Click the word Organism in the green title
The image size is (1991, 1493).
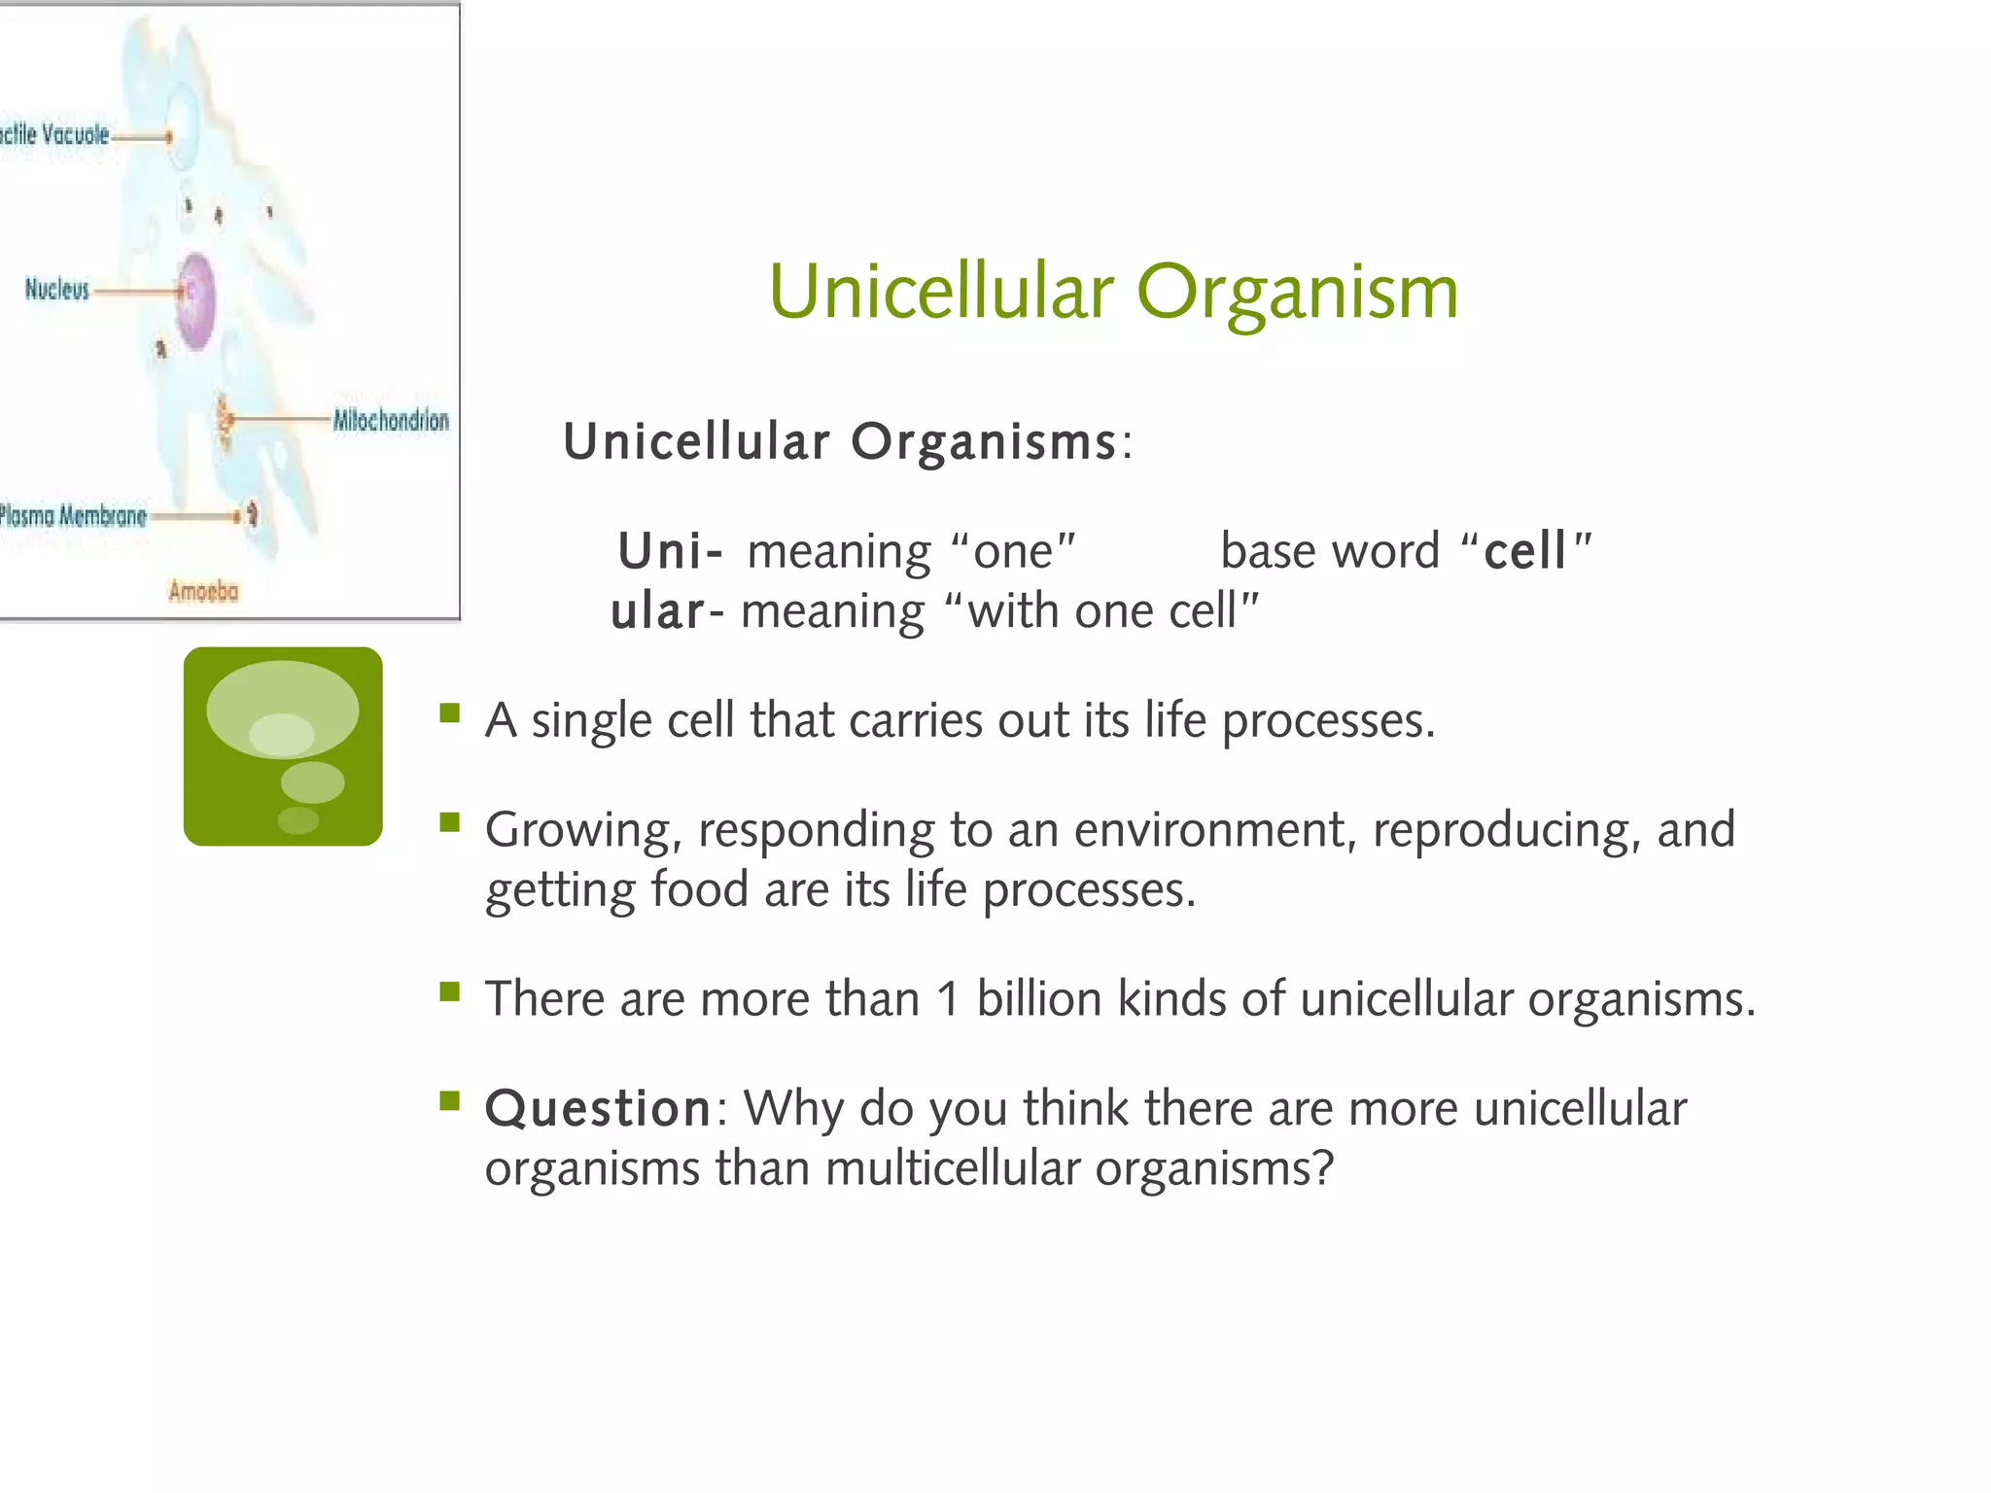tap(1297, 293)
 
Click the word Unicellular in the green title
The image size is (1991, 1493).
tap(940, 293)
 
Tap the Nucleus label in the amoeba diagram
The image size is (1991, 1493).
tap(56, 289)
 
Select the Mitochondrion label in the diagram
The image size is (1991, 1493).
tap(391, 420)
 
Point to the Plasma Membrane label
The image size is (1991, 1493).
tap(73, 515)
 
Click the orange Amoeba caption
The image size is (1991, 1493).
tap(203, 591)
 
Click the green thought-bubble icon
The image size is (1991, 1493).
tap(283, 746)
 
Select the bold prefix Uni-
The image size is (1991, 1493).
tap(670, 551)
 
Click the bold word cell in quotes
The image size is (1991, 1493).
tap(1524, 551)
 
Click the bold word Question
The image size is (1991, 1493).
tap(599, 1108)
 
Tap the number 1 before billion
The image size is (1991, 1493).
tap(947, 999)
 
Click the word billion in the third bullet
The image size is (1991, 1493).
tap(1038, 999)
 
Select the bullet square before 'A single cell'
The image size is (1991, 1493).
tap(449, 714)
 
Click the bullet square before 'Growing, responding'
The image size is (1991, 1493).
tap(449, 823)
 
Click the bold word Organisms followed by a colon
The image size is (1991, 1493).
tap(983, 441)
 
